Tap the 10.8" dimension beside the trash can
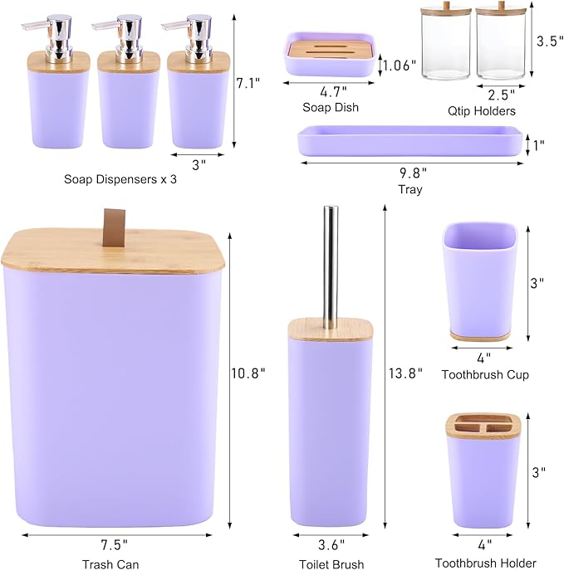(247, 373)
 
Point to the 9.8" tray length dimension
(412, 173)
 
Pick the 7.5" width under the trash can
(114, 545)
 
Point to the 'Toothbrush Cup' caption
(485, 375)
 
